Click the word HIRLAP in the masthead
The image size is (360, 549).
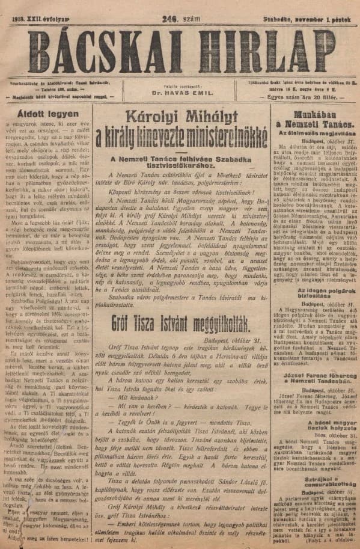[x=267, y=51]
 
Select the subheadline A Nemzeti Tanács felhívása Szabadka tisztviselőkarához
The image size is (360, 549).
[x=180, y=162]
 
